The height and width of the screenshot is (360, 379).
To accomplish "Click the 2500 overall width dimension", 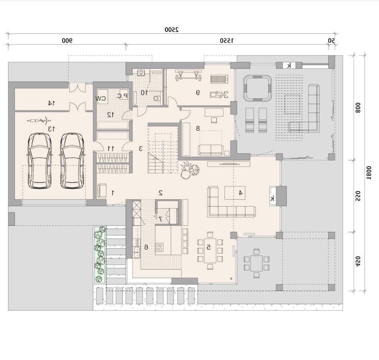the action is coord(171,29).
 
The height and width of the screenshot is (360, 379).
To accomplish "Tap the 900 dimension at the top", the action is coord(67,41).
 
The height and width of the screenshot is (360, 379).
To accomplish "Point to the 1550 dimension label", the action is coord(227,41).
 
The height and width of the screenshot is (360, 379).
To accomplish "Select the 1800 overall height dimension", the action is coord(369,173).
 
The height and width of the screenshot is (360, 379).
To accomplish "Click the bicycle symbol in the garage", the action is coord(39,120).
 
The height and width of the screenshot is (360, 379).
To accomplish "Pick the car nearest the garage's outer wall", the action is coord(40,160).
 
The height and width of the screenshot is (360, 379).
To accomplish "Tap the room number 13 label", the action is coord(51,129).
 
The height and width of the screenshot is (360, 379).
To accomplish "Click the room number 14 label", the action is coord(51,103).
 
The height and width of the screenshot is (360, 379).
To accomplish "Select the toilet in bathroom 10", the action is coord(157,98).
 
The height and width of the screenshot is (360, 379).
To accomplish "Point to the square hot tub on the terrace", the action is coord(257,88).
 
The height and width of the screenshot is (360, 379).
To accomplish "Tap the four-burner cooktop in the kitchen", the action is coord(159,247).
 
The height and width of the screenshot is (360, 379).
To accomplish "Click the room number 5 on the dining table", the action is coord(208,247).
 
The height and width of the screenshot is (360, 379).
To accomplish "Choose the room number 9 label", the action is coord(198,93).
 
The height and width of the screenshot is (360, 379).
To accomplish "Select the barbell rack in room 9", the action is coord(189,75).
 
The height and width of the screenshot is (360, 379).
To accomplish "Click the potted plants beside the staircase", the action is coord(190,170).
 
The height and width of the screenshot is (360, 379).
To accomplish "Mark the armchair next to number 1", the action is coord(102,191).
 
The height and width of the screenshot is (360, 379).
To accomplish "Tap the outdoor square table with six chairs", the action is coord(257,264).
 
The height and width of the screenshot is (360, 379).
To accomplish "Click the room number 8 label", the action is coord(198,129).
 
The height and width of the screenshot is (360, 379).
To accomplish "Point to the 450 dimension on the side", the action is coord(358,261).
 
